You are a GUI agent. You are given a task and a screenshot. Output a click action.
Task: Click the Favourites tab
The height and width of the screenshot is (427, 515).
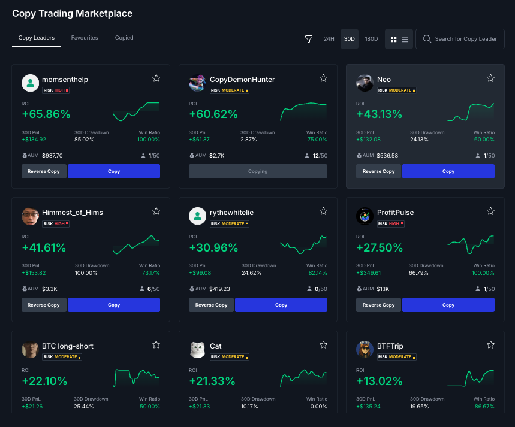[x=85, y=38]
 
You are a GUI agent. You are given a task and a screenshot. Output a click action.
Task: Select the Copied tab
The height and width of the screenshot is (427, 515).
[x=124, y=38]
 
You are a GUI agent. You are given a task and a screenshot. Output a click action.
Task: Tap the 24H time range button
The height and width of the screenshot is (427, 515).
[x=329, y=39]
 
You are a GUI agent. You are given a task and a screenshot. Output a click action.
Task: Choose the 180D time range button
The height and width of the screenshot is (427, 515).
[x=372, y=39]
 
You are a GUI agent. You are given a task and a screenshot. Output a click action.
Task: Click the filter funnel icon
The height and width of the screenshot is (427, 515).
[x=309, y=39]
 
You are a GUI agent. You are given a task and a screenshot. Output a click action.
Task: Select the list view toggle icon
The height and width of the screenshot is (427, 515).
[x=405, y=39]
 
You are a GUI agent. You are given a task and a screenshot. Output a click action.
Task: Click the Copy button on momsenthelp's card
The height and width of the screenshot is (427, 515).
[x=114, y=171]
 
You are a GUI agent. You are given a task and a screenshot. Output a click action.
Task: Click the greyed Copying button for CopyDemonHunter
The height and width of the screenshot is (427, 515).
[x=258, y=171]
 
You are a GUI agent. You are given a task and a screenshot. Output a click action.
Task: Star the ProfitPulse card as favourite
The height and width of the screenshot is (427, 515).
[x=490, y=211]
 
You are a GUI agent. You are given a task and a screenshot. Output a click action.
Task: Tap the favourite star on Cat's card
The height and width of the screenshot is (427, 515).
[x=323, y=344]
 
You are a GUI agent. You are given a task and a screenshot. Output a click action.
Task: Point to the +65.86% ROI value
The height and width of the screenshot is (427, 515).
[x=46, y=114]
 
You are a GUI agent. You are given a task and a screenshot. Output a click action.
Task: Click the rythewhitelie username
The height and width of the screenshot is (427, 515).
[x=231, y=213]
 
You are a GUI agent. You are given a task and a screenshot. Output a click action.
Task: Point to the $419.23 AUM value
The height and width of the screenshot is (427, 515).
[x=219, y=289]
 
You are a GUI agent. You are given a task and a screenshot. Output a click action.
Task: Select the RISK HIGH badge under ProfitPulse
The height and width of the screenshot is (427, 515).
[x=390, y=224]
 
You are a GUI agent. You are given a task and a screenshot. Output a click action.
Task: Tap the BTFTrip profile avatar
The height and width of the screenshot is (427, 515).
[x=365, y=349]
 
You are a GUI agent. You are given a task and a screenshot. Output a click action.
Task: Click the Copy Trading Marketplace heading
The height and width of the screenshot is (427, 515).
[x=73, y=13]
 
